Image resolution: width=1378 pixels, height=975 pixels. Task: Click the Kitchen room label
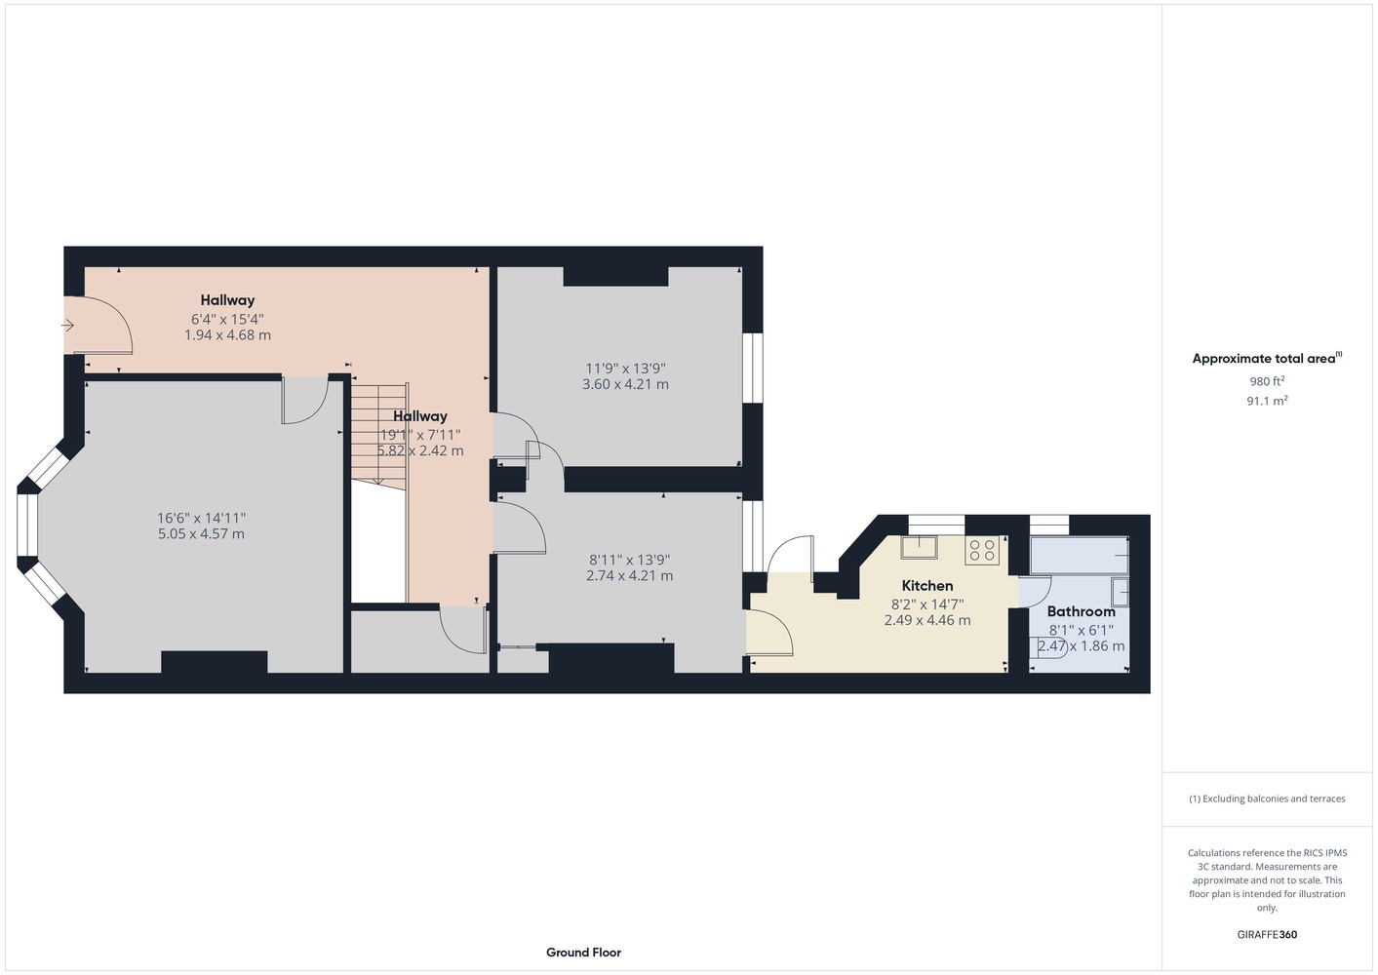pos(927,586)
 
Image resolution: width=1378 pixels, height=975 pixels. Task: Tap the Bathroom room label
pos(1081,611)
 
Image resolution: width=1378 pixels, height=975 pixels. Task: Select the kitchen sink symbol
pos(919,547)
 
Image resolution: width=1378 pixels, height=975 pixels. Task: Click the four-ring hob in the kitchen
pos(982,550)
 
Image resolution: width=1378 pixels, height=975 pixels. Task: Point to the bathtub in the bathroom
pos(1080,557)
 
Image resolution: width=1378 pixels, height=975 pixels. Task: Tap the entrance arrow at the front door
pos(67,326)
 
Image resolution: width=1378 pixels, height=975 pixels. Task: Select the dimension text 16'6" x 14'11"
pos(201,518)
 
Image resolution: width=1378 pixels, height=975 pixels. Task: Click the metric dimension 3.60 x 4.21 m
pos(625,384)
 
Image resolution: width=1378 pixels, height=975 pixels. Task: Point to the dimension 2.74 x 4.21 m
pos(629,576)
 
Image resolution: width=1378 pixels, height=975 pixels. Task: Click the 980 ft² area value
pos(1267,381)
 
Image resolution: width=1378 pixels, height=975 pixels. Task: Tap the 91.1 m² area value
pos(1267,401)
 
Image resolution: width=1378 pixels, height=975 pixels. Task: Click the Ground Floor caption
pos(583,953)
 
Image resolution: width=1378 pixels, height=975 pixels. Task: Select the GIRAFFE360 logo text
pos(1267,934)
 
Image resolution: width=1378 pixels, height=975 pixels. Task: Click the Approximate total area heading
pos(1267,358)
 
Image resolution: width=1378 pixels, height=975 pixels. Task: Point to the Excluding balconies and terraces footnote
pos(1267,799)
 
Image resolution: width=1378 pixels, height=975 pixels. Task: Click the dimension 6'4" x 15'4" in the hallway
pos(227,319)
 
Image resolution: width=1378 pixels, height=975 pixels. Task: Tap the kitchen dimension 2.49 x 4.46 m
pos(927,620)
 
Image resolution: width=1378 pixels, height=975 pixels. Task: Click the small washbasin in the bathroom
pos(1121,593)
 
